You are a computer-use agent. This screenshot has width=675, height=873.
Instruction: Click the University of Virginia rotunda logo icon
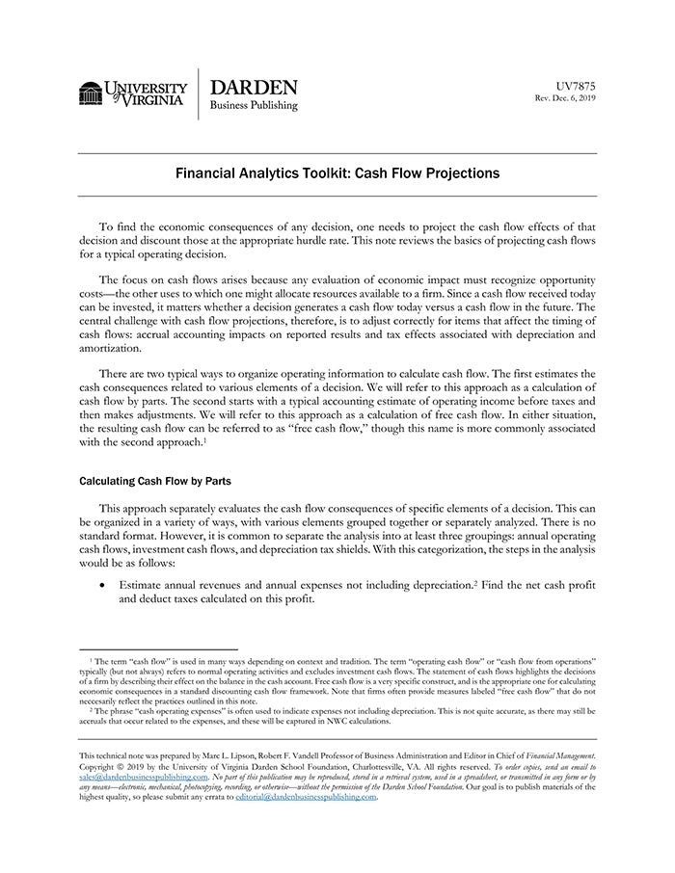click(91, 93)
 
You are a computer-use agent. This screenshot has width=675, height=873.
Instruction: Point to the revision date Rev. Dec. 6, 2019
click(566, 97)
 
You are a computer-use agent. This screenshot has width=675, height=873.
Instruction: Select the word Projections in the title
click(456, 174)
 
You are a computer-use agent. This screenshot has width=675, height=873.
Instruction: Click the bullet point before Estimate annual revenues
click(102, 585)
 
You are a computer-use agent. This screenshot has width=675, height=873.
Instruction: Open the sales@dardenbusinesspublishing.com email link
click(144, 776)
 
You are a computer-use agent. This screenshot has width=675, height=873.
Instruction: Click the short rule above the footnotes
click(158, 649)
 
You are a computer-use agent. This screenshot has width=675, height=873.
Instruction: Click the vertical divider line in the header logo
click(199, 93)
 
